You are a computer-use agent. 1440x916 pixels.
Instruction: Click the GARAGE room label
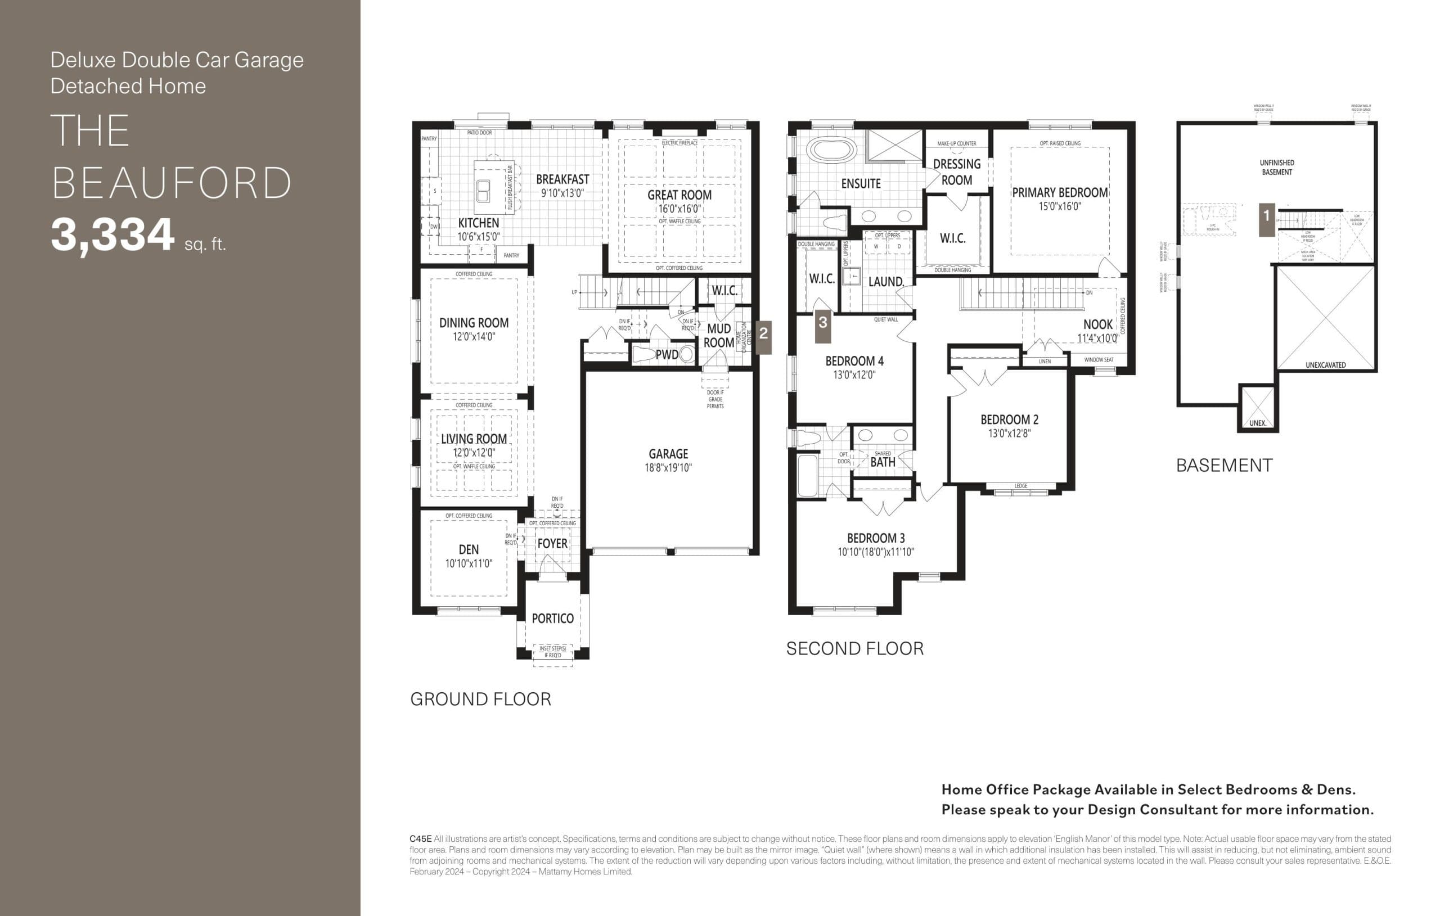pyautogui.click(x=668, y=454)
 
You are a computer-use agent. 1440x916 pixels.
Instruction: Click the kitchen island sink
pyautogui.click(x=483, y=191)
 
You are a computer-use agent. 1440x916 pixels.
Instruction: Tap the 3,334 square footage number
pyautogui.click(x=112, y=235)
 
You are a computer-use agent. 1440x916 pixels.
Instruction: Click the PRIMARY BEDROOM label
pyautogui.click(x=1059, y=192)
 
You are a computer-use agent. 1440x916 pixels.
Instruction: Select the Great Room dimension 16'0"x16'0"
pyautogui.click(x=679, y=209)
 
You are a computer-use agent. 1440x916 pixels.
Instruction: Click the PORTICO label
pyautogui.click(x=552, y=618)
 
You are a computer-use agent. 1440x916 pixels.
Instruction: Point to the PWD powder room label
pyautogui.click(x=666, y=355)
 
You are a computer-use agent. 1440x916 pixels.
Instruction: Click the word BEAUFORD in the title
pyautogui.click(x=172, y=183)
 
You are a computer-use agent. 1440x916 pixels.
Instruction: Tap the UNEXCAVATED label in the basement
pyautogui.click(x=1325, y=365)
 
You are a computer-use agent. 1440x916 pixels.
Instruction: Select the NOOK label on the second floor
pyautogui.click(x=1097, y=324)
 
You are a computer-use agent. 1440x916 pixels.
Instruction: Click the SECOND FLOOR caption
pyautogui.click(x=854, y=649)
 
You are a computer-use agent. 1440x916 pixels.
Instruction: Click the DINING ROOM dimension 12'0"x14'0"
pyautogui.click(x=474, y=337)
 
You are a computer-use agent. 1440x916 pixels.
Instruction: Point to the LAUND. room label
pyautogui.click(x=885, y=281)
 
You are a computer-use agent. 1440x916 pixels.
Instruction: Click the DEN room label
pyautogui.click(x=468, y=549)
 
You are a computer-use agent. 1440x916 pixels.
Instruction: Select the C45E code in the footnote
pyautogui.click(x=420, y=839)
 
